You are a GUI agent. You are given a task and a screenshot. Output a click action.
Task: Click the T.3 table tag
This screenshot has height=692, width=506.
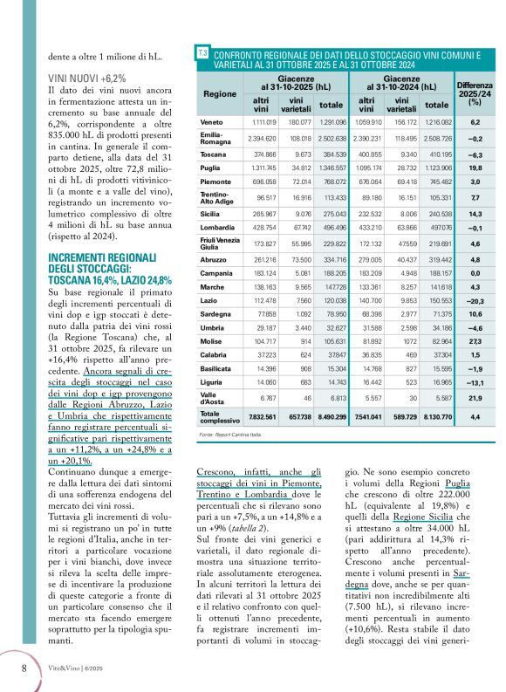point(202,55)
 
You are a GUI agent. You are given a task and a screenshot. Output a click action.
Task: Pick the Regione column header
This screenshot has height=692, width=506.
point(214,92)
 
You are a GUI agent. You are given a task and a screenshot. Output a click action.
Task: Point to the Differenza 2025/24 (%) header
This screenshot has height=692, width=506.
point(475,92)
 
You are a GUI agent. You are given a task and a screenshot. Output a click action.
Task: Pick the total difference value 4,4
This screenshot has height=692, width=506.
point(475,417)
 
